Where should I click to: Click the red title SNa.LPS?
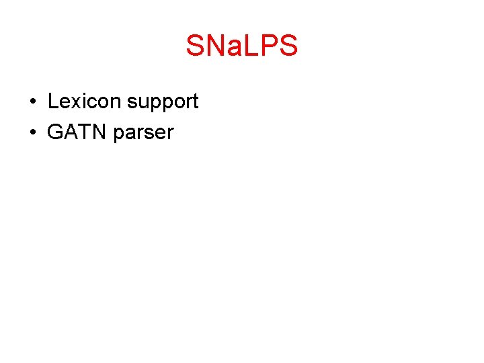(241, 46)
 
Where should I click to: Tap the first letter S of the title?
(195, 46)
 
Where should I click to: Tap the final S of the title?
(287, 46)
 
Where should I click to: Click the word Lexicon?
(85, 102)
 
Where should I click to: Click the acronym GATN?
(77, 132)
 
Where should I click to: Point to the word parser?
(143, 134)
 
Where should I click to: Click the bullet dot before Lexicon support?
(32, 102)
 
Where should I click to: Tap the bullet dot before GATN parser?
(32, 133)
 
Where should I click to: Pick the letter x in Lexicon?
(74, 103)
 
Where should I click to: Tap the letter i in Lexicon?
(81, 102)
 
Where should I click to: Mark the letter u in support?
(143, 104)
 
